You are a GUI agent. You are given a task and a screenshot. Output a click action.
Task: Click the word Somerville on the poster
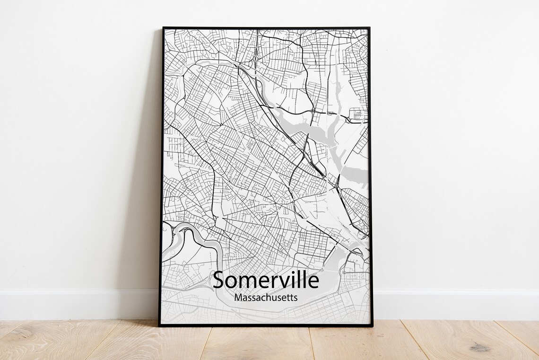pyautogui.click(x=266, y=280)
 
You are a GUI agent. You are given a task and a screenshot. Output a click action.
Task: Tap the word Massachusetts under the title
pyautogui.click(x=266, y=299)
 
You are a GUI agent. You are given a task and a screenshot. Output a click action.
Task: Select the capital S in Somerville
pyautogui.click(x=219, y=280)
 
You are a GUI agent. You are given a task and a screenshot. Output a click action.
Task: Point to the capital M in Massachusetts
pyautogui.click(x=238, y=299)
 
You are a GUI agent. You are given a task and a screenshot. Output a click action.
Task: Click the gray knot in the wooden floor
pyautogui.click(x=480, y=348)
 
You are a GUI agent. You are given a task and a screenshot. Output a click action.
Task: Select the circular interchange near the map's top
pyautogui.click(x=255, y=59)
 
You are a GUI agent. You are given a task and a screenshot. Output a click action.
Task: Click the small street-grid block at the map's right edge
pyautogui.click(x=358, y=114)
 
